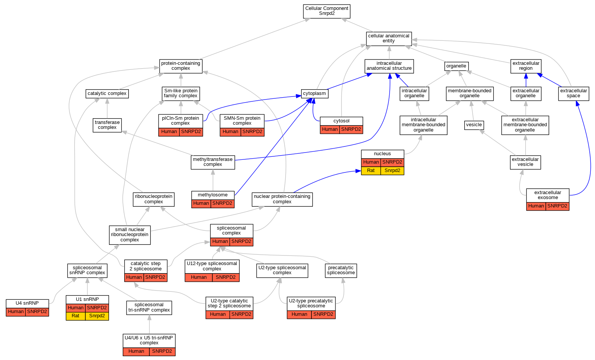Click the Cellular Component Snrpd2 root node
click(327, 11)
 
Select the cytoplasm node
click(314, 93)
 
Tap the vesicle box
click(474, 125)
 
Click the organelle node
click(456, 66)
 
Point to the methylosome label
click(213, 195)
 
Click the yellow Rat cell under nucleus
click(371, 170)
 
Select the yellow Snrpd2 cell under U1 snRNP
click(97, 316)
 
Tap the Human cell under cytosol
click(330, 129)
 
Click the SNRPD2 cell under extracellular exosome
click(557, 206)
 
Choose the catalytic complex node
click(107, 93)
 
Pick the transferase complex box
click(107, 125)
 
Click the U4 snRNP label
click(27, 303)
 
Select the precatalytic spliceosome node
click(341, 270)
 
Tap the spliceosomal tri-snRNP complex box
click(149, 307)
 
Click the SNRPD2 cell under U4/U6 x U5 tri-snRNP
click(162, 351)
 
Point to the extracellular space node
click(573, 93)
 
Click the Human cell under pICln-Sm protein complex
click(169, 132)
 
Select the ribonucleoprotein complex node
click(154, 199)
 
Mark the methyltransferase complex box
click(213, 162)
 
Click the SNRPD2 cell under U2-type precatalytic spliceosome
click(323, 314)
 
